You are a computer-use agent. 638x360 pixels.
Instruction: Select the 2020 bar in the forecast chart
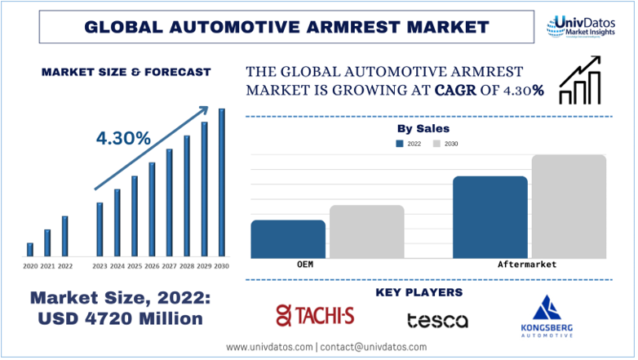tap(30, 250)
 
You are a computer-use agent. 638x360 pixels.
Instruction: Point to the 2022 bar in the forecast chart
tap(65, 236)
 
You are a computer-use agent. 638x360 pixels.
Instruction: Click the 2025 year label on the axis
tap(135, 267)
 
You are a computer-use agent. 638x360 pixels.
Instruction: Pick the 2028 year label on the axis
tap(186, 267)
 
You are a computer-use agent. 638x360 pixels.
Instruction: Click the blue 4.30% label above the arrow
tap(123, 139)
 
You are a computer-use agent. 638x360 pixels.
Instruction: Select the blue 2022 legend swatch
tap(400, 144)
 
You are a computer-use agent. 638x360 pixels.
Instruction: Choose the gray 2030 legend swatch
tap(437, 144)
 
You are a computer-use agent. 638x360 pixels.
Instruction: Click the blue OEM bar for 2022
tap(288, 239)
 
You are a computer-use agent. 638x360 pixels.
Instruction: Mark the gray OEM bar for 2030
tap(367, 232)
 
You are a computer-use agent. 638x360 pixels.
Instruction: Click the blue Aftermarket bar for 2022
tap(490, 217)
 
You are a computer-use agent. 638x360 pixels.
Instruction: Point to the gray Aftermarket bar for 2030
tap(569, 207)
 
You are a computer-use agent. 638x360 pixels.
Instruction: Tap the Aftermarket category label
tap(527, 265)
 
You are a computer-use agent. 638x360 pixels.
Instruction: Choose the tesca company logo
tap(438, 320)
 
